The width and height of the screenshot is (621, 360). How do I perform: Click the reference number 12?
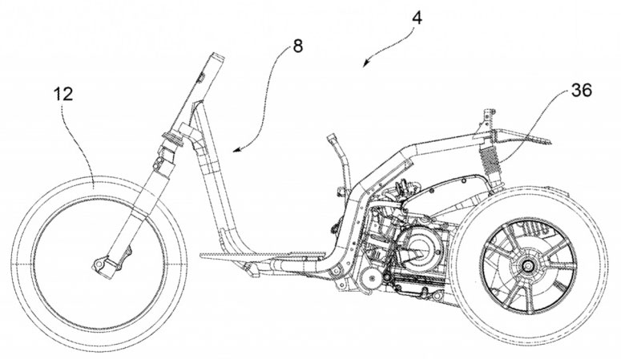click(63, 94)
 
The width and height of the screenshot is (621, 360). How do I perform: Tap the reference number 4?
click(417, 15)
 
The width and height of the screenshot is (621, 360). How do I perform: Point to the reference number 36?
click(582, 91)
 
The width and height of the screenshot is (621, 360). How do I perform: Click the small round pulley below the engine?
click(370, 279)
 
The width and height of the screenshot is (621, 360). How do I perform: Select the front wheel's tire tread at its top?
click(99, 179)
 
